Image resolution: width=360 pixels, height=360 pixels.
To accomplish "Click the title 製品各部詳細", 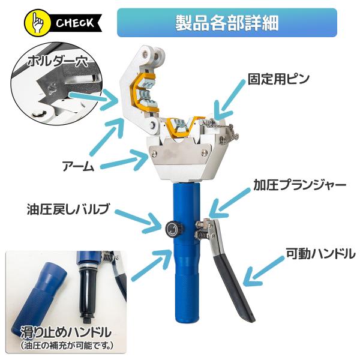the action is click(227, 23).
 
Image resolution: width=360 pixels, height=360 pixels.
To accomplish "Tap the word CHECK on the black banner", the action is click(75, 23).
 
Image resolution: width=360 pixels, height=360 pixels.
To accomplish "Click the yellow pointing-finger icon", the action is click(37, 23).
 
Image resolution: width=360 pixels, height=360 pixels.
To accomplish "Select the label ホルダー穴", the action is click(58, 61).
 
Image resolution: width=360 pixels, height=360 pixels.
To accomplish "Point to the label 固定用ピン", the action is click(278, 79).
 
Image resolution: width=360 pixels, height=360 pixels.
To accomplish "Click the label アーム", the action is click(78, 166).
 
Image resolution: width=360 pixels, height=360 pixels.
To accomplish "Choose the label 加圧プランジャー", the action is click(299, 185).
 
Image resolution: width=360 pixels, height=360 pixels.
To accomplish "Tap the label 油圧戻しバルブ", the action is click(68, 209).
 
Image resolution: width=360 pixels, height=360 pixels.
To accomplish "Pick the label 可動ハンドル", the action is click(320, 254).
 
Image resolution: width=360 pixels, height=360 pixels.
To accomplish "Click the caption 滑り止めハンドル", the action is click(66, 332).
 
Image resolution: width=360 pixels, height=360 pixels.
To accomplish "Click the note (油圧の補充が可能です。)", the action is click(67, 346).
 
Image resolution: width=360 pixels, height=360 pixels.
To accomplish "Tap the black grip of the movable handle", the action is click(234, 287).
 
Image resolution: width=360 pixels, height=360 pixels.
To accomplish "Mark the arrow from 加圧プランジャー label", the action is click(230, 203).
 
